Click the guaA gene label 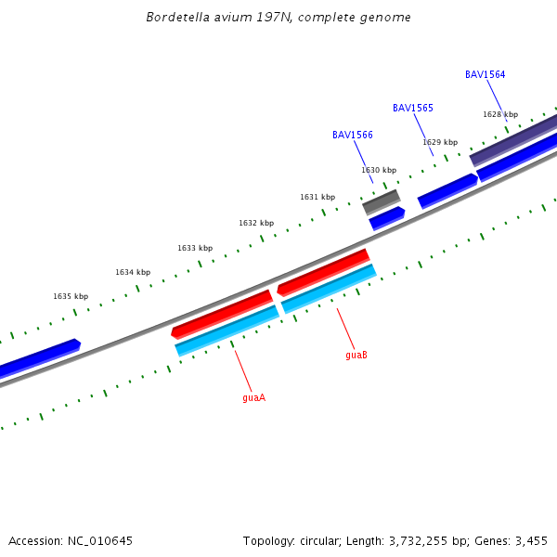point(253,397)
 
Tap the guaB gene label point(356,355)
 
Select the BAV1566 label point(353,135)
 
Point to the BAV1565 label point(413,108)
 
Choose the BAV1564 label point(486,74)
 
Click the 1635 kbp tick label point(71,296)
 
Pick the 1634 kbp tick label point(133,272)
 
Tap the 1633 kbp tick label point(195,248)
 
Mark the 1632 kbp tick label point(256,223)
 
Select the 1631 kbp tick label point(317,197)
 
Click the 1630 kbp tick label point(379,170)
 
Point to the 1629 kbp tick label point(440,142)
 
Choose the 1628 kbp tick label point(500,114)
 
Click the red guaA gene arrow point(223,314)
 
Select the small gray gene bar point(382,201)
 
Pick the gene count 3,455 point(531,540)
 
